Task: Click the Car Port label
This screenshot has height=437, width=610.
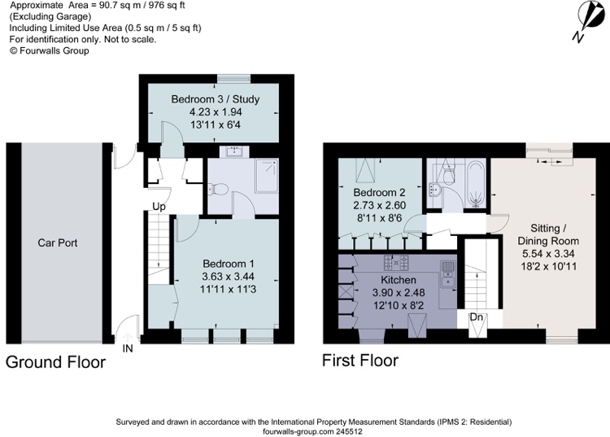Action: click(x=58, y=243)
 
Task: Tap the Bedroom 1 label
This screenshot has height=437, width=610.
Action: click(x=229, y=264)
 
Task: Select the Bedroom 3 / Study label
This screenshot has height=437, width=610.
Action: click(x=216, y=99)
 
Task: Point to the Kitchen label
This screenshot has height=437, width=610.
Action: click(x=399, y=280)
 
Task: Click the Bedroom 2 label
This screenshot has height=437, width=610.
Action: click(x=379, y=193)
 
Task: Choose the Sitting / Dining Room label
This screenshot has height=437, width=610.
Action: click(x=548, y=234)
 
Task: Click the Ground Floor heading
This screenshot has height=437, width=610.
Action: click(x=55, y=362)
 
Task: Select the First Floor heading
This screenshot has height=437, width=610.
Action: click(x=360, y=361)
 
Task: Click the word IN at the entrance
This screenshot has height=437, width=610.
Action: click(x=128, y=348)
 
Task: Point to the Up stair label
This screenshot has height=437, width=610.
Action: click(x=159, y=207)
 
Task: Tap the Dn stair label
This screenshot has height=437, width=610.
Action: click(x=476, y=317)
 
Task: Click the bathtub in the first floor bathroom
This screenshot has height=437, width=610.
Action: click(x=476, y=184)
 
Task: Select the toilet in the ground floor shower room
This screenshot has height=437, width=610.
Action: click(x=217, y=190)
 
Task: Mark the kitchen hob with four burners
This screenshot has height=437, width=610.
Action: click(x=396, y=262)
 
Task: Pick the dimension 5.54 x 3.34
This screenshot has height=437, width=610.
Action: click(x=548, y=254)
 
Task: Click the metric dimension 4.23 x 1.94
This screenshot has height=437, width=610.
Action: click(x=216, y=112)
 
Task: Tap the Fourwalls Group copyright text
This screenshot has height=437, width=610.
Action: click(x=49, y=50)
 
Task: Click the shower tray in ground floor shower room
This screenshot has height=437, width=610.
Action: click(x=267, y=176)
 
